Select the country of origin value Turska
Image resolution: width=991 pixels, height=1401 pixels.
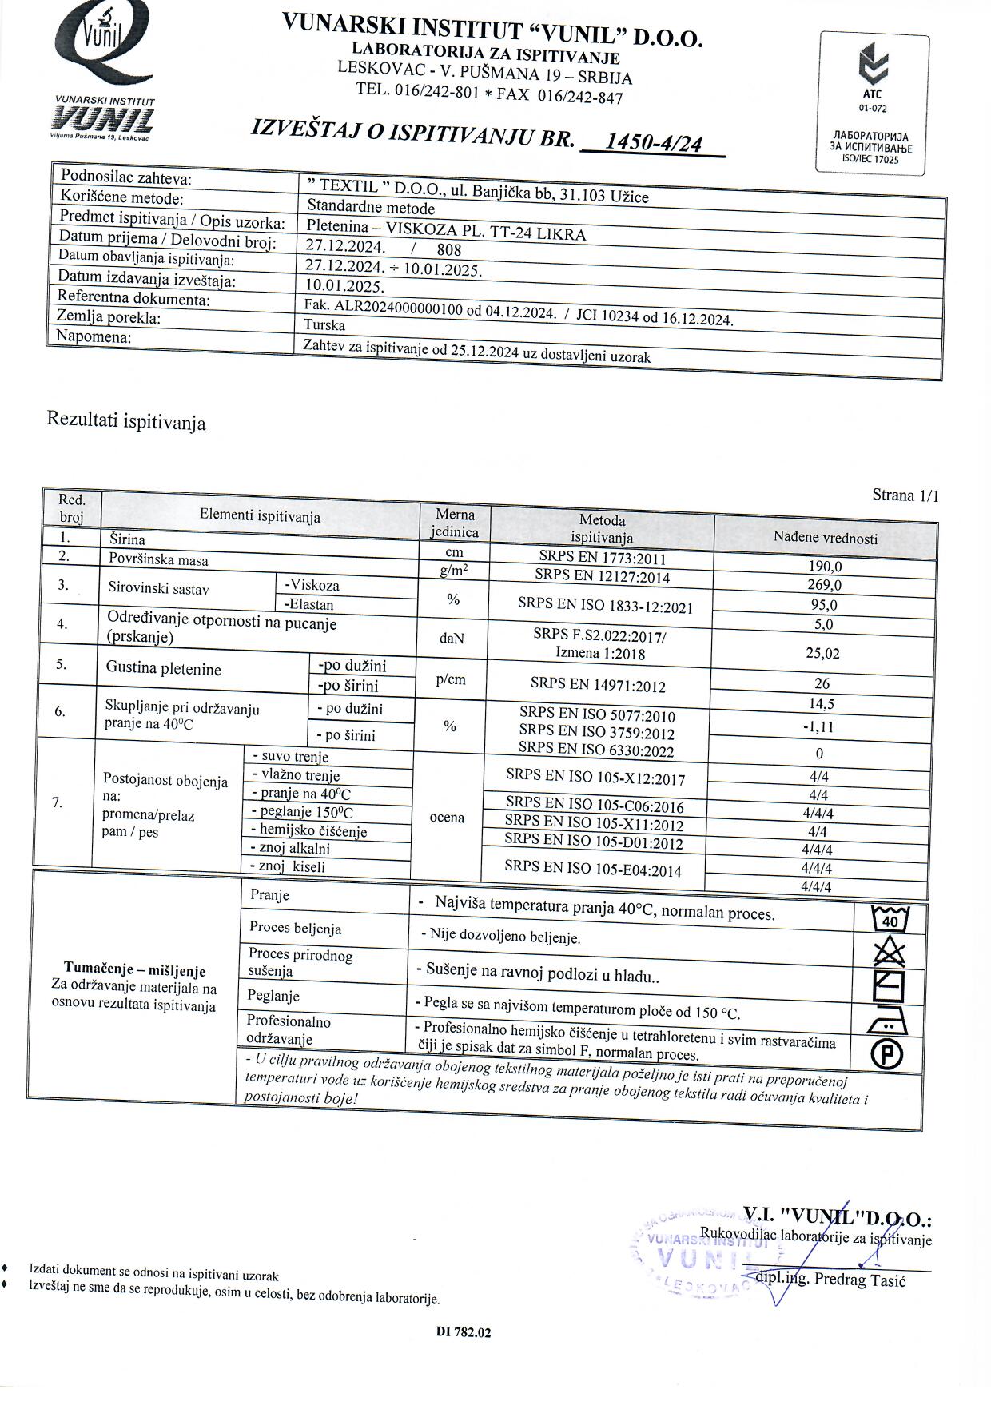click(324, 325)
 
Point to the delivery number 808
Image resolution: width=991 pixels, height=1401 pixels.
click(449, 250)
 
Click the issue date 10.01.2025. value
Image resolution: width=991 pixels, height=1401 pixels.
click(344, 285)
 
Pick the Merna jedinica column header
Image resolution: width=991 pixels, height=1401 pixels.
click(455, 523)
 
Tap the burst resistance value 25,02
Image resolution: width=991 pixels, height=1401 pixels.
click(822, 653)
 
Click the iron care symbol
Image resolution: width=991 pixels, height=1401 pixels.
click(887, 1021)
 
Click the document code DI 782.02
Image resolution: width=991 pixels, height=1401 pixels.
click(464, 1332)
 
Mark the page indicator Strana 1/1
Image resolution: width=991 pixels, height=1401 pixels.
click(905, 496)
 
